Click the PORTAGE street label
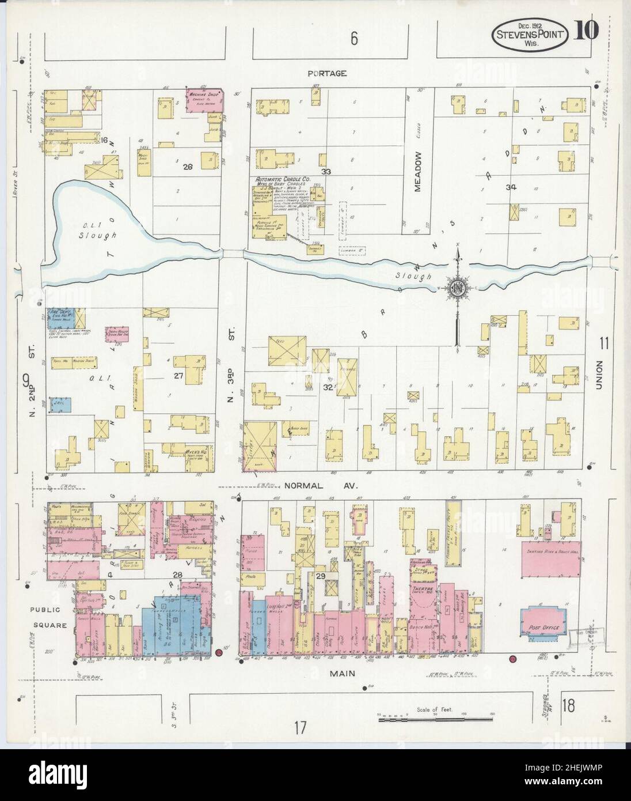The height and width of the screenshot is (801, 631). pyautogui.click(x=326, y=73)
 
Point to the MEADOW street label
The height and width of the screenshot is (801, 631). pyautogui.click(x=419, y=171)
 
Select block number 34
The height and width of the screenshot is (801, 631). pyautogui.click(x=510, y=187)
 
